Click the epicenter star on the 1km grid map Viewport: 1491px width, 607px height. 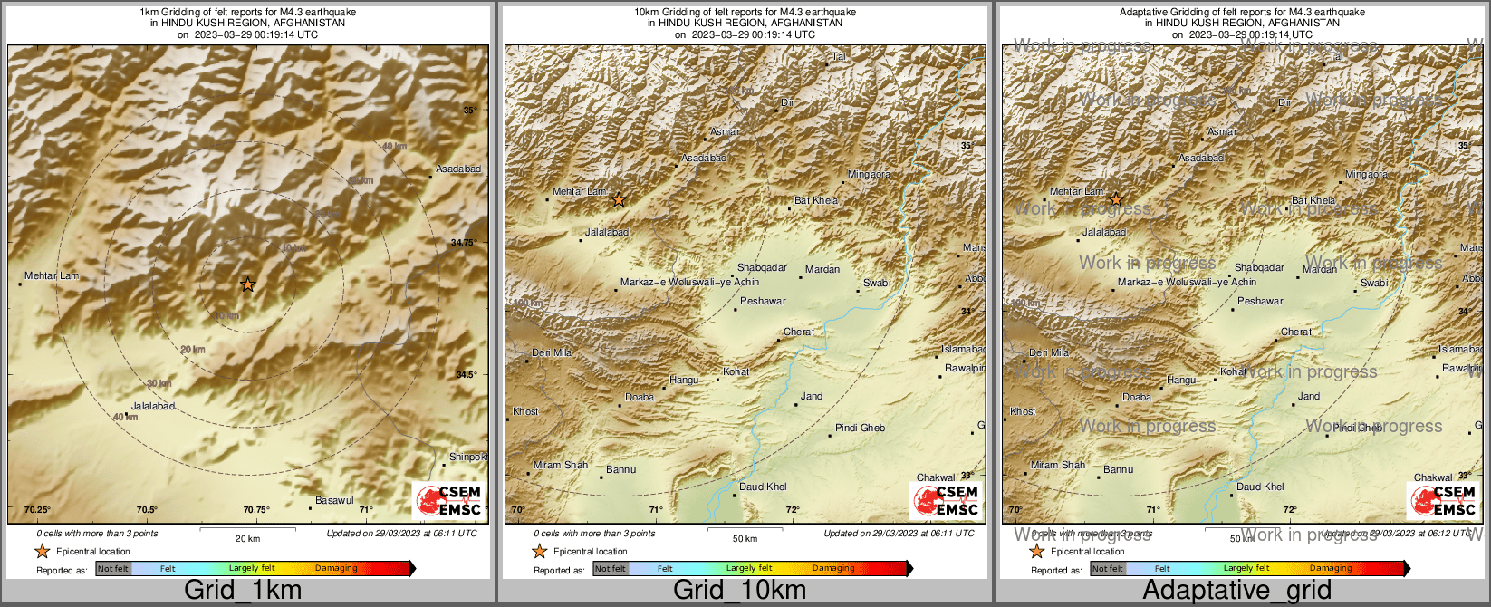(247, 284)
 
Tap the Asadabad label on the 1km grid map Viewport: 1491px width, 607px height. (458, 169)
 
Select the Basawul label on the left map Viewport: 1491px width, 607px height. (334, 501)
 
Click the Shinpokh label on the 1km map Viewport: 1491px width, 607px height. (468, 458)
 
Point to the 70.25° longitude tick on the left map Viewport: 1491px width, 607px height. (37, 510)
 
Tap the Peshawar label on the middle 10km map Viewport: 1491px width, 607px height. (763, 301)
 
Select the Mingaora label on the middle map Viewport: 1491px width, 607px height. (869, 174)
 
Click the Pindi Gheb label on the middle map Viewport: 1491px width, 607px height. (860, 428)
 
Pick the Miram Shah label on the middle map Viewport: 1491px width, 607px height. (561, 465)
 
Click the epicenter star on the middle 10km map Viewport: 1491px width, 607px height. (619, 199)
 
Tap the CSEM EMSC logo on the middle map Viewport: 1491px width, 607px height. (947, 500)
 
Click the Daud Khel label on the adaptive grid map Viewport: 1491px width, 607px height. (1260, 487)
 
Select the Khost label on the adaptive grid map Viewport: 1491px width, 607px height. (1023, 411)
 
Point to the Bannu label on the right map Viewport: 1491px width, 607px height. (1118, 469)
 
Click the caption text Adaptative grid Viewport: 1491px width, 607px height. (1236, 590)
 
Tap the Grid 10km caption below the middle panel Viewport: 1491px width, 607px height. (739, 590)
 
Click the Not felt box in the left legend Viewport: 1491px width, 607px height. (113, 569)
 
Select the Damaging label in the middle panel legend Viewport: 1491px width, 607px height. (833, 569)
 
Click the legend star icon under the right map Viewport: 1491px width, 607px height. (1036, 552)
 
